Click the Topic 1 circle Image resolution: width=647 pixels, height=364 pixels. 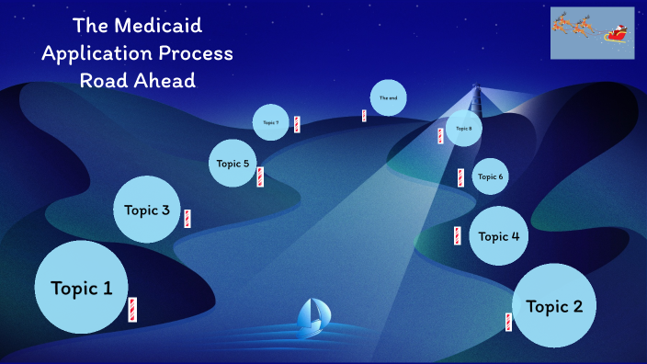pyautogui.click(x=81, y=287)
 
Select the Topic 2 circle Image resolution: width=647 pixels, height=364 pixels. pyautogui.click(x=554, y=306)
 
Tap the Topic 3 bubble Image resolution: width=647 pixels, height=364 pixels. pyautogui.click(x=147, y=210)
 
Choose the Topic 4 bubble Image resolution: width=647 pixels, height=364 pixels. pyautogui.click(x=499, y=236)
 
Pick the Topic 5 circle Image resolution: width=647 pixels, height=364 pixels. pyautogui.click(x=233, y=164)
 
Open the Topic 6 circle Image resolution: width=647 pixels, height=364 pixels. pyautogui.click(x=490, y=176)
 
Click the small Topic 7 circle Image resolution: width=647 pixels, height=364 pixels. pyautogui.click(x=270, y=122)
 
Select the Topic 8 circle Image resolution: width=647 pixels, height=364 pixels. pyautogui.click(x=463, y=129)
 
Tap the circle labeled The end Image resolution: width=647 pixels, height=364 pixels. pyautogui.click(x=387, y=97)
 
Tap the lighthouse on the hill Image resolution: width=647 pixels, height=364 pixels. pyautogui.click(x=475, y=97)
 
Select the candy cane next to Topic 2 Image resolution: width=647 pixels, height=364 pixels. pyautogui.click(x=508, y=322)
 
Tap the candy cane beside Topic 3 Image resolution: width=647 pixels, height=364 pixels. pyautogui.click(x=187, y=219)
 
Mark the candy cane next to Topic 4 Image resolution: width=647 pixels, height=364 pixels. pyautogui.click(x=455, y=235)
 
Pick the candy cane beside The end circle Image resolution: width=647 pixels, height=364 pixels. pyautogui.click(x=364, y=116)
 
